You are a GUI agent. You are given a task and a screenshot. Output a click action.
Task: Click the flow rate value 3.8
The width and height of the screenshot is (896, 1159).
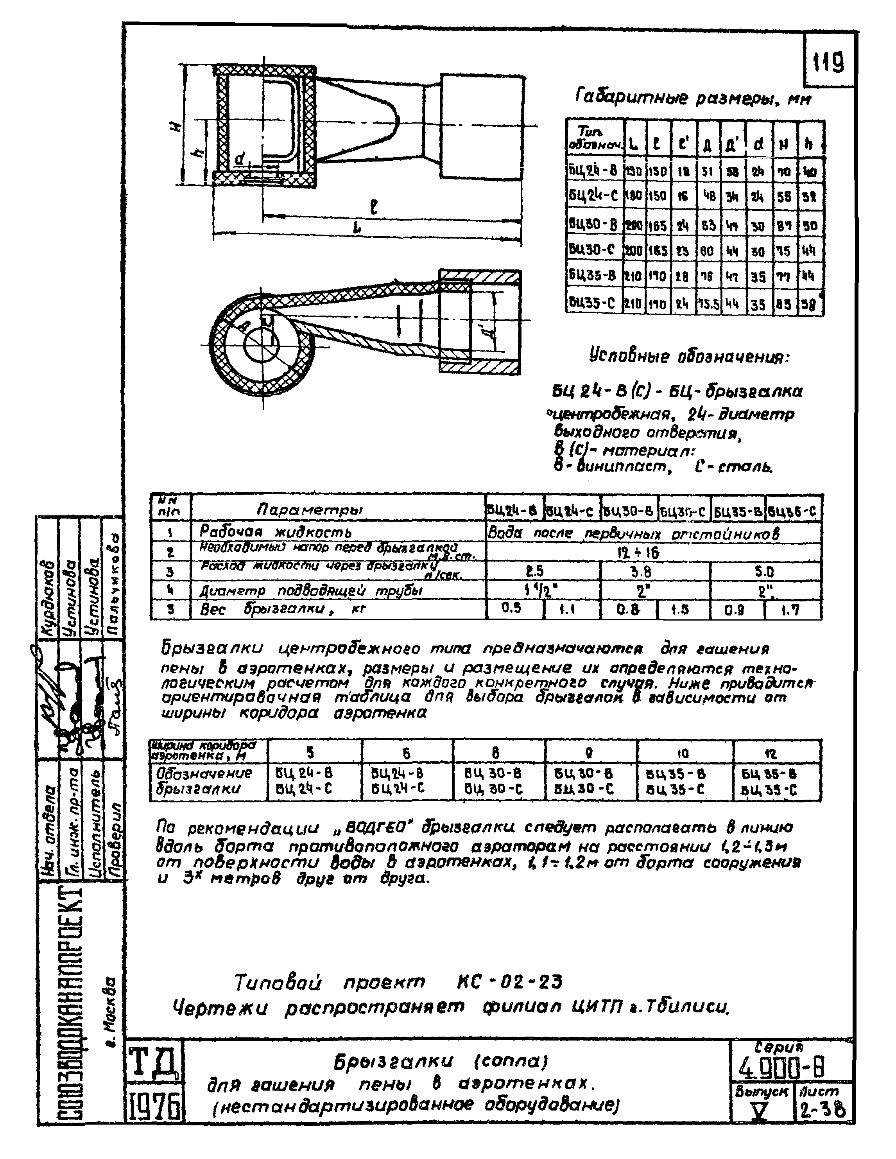pyautogui.click(x=641, y=572)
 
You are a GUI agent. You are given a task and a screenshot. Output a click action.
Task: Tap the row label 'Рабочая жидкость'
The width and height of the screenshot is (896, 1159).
pyautogui.click(x=275, y=531)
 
